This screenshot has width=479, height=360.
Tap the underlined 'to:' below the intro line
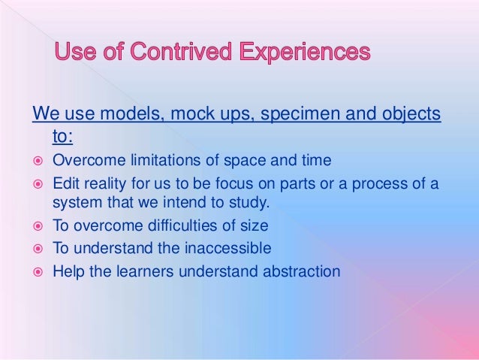pyautogui.click(x=62, y=136)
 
